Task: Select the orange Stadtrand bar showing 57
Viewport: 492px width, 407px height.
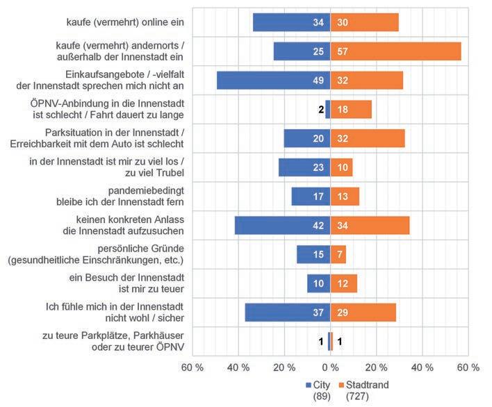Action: tap(395, 51)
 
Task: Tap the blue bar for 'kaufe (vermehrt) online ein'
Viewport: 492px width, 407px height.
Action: tap(291, 22)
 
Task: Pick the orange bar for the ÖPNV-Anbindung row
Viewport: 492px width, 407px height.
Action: tap(351, 109)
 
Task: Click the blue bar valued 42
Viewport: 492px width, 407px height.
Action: tap(282, 225)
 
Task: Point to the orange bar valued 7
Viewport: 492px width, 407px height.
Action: tap(338, 254)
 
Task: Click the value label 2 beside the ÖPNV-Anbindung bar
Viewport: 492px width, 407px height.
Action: tap(321, 109)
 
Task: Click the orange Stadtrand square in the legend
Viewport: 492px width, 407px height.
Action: tap(341, 384)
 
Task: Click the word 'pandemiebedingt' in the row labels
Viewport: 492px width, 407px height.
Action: tap(149, 190)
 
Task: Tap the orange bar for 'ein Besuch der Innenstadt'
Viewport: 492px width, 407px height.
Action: tap(343, 283)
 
